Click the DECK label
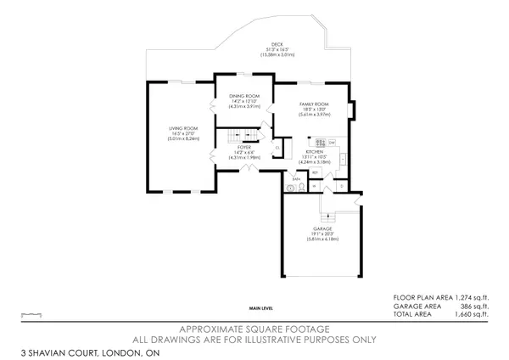coord(277,44)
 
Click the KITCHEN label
coord(316,152)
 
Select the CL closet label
coord(277,148)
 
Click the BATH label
coord(296,179)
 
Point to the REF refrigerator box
coord(315,173)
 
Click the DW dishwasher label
coord(333,141)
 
